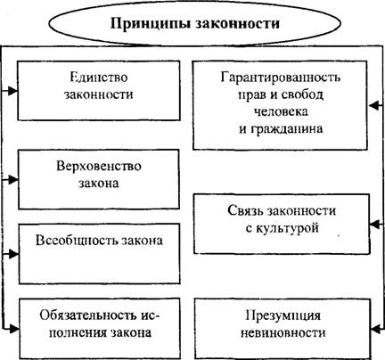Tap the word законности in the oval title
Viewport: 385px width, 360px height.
click(x=237, y=23)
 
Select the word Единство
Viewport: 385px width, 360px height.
click(x=99, y=78)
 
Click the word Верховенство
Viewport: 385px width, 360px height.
click(x=99, y=166)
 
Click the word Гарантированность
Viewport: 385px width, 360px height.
click(x=281, y=78)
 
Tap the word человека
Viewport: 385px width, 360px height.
click(x=281, y=112)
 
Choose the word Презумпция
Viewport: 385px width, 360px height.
click(x=283, y=315)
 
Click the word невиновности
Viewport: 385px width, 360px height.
click(x=283, y=332)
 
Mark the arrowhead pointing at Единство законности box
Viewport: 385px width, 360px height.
click(x=12, y=91)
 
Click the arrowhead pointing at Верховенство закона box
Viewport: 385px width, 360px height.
click(x=13, y=179)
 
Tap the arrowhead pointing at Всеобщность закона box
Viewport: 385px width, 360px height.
click(x=13, y=254)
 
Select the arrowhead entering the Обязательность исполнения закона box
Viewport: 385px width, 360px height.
click(x=14, y=329)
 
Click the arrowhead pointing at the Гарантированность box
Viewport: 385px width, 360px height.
click(x=374, y=105)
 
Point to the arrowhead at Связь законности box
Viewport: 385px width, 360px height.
click(x=375, y=225)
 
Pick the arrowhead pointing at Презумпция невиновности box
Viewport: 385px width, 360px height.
click(x=376, y=329)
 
